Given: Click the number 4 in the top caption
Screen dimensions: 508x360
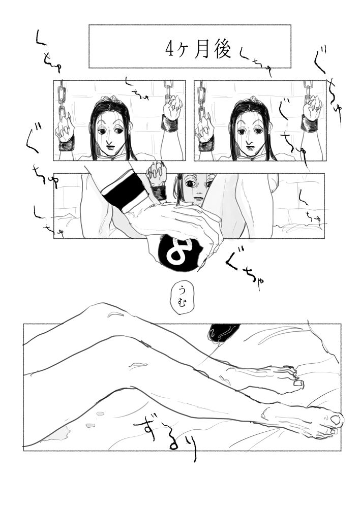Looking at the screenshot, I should click(170, 49).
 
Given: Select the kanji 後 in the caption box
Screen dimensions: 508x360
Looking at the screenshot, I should click(223, 49).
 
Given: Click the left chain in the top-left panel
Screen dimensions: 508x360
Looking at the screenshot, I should click(62, 99).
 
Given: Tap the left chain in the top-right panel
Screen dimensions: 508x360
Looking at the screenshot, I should click(201, 99).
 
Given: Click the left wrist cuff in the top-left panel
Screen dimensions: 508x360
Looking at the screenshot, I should click(66, 144).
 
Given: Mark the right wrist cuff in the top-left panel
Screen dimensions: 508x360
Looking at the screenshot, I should click(169, 123).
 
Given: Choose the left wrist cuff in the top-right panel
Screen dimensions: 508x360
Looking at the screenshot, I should click(206, 144).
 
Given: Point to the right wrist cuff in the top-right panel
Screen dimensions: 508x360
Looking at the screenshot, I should click(309, 123).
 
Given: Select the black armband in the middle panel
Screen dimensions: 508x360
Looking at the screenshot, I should click(124, 189).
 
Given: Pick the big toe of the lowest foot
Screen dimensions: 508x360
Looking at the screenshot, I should click(335, 420).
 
